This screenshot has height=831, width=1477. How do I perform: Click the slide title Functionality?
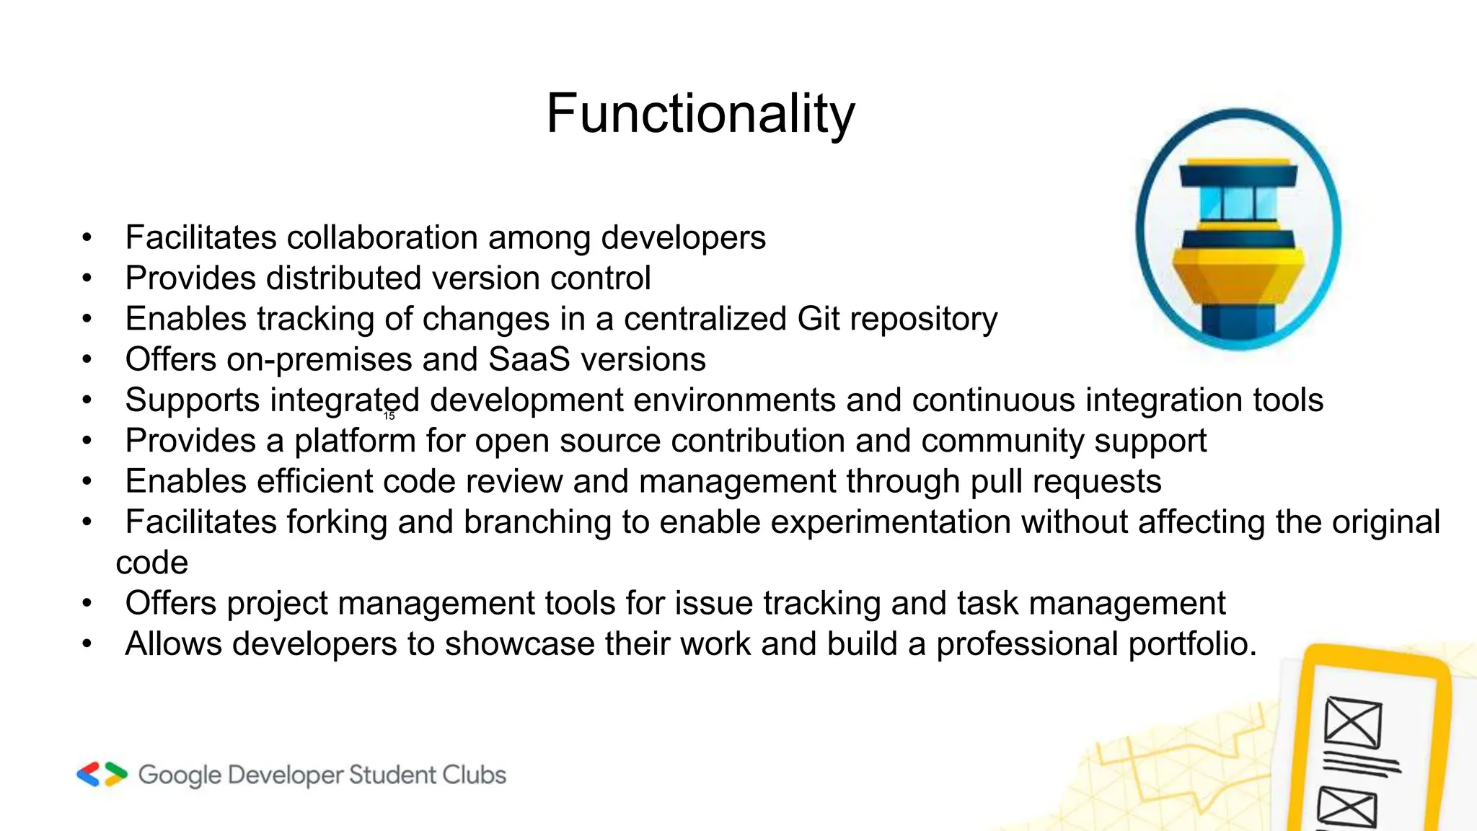(700, 114)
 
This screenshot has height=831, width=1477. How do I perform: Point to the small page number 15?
(389, 416)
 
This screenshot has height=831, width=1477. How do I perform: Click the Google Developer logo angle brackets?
(102, 774)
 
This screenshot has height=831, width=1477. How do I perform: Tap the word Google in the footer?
(180, 775)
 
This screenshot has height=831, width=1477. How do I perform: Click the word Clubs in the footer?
(474, 775)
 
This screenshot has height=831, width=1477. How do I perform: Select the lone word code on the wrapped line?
(152, 563)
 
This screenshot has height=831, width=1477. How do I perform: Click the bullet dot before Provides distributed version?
(87, 278)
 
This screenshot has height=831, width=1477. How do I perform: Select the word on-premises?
(333, 359)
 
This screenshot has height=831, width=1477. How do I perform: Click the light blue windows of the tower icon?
(1238, 203)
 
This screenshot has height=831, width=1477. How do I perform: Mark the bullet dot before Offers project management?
(87, 604)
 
